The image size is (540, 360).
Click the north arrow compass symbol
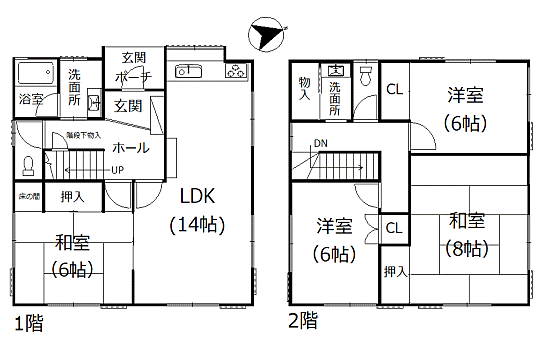click(x=264, y=35)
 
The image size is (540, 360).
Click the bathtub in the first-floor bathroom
click(x=36, y=73)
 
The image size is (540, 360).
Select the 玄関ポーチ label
click(x=133, y=66)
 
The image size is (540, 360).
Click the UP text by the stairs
click(x=117, y=169)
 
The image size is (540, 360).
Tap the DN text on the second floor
click(x=320, y=144)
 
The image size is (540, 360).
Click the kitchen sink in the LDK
click(x=187, y=71)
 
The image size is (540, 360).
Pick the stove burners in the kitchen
click(x=237, y=71)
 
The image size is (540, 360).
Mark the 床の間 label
click(x=27, y=196)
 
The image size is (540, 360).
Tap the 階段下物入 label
click(x=83, y=135)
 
